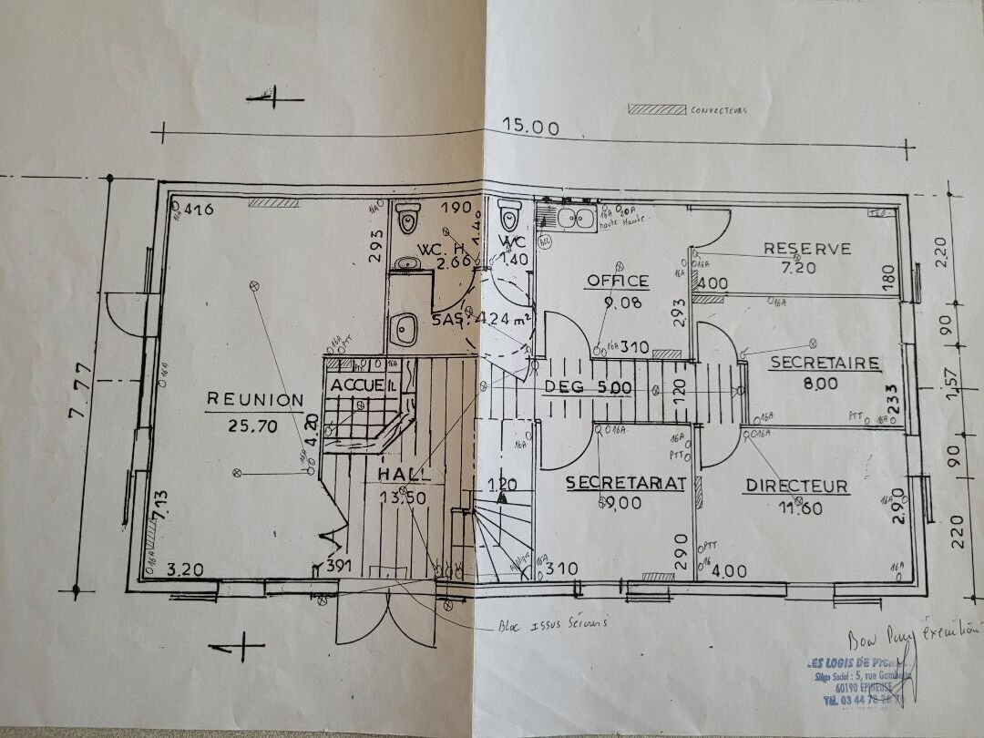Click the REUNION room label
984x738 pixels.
point(255,399)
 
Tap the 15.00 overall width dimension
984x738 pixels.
point(534,128)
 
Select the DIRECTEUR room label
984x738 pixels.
point(797,487)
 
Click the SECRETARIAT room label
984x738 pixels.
point(624,484)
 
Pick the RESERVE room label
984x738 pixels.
point(807,248)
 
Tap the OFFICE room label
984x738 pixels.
point(618,281)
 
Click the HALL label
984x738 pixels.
point(405,475)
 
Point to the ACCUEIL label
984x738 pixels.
point(364,385)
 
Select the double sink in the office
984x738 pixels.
point(570,218)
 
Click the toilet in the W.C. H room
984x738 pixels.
point(407,219)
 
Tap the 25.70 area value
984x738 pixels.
point(255,424)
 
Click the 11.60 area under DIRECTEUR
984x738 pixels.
point(797,507)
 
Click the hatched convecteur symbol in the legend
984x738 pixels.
point(657,109)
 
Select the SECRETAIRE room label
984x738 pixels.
point(825,363)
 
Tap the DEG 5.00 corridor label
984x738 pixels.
point(588,387)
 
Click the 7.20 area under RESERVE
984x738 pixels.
point(807,268)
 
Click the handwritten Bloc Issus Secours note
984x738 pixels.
point(552,624)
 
